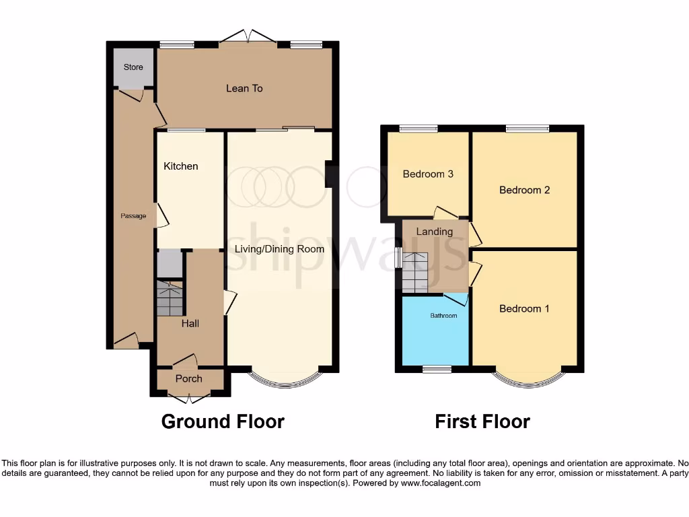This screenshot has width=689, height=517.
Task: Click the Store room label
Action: [133, 67]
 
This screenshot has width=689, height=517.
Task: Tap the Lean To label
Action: [244, 88]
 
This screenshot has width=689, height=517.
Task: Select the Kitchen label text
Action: [181, 166]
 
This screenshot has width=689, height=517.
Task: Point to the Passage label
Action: [133, 216]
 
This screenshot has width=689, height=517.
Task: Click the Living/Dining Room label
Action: [279, 249]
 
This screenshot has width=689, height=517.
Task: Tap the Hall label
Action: [190, 324]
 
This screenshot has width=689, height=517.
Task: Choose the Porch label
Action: [189, 379]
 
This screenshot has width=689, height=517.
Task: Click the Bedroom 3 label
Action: [428, 174]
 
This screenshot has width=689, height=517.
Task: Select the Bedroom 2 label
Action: [525, 190]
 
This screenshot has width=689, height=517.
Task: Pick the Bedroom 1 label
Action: [525, 309]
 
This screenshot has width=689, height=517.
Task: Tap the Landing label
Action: [435, 232]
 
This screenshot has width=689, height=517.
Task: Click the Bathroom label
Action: [444, 315]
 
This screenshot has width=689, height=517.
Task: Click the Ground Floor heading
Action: [223, 422]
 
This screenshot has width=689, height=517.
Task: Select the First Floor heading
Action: [482, 422]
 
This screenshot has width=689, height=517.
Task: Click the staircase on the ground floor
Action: [170, 299]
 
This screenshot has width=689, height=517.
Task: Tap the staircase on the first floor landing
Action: [414, 273]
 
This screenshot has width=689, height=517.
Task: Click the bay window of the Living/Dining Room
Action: [285, 382]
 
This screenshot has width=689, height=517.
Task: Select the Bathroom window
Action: [437, 369]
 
